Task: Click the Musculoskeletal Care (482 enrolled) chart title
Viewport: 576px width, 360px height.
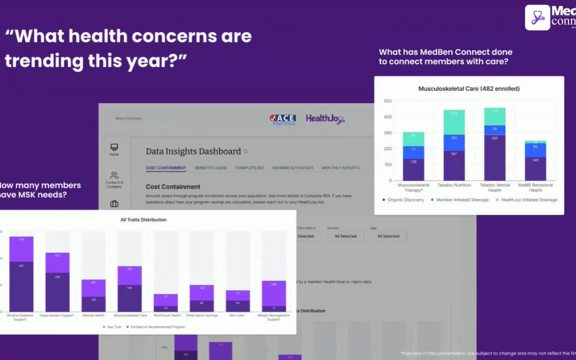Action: tap(469, 89)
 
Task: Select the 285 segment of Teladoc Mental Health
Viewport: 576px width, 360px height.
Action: tap(494, 157)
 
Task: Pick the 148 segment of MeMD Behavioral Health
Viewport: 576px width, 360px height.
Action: tap(535, 169)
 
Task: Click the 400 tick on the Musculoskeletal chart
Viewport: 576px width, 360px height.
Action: tap(387, 117)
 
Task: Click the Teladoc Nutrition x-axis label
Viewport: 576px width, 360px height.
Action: tap(454, 185)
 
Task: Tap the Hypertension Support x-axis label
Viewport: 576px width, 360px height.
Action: tap(57, 315)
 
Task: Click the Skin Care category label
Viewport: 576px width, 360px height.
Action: tap(237, 315)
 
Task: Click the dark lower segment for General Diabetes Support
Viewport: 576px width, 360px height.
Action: tap(21, 286)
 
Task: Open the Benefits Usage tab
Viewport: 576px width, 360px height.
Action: tap(210, 168)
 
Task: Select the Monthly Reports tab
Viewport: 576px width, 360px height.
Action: tap(340, 168)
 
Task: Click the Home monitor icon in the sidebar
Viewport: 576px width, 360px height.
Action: tap(114, 147)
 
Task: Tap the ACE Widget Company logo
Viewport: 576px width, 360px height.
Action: tap(283, 119)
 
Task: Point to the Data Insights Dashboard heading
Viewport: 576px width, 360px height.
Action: tap(193, 151)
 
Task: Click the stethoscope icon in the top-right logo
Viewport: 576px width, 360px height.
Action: tap(537, 18)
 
